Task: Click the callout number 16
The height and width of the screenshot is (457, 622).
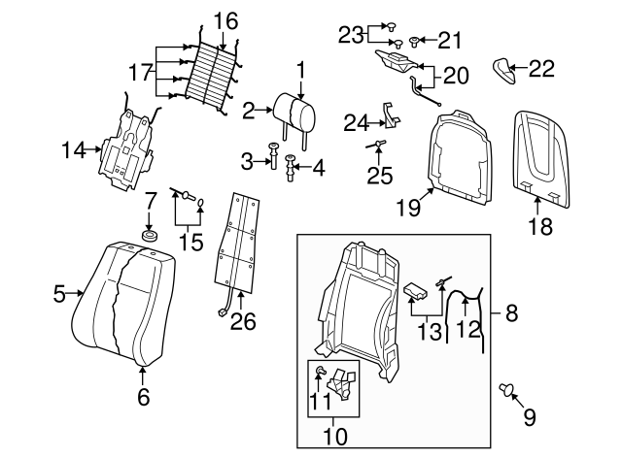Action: (225, 20)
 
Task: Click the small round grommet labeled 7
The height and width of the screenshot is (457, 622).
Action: (150, 235)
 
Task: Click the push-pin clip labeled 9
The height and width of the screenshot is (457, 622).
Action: (507, 390)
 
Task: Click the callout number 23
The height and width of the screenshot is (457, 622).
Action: (350, 35)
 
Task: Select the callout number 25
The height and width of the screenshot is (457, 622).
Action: (378, 177)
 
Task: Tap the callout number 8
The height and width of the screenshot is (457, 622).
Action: (511, 312)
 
